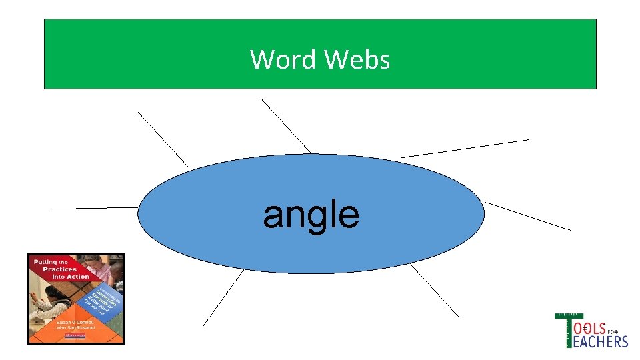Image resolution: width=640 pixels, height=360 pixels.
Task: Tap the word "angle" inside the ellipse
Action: [x=311, y=215]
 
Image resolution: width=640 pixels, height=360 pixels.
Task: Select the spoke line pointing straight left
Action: [x=93, y=208]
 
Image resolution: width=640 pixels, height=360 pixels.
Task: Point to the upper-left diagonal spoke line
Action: [x=163, y=139]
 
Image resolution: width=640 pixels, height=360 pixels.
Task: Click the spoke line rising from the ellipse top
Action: [x=285, y=125]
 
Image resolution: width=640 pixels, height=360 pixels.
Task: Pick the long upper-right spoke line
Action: [x=465, y=148]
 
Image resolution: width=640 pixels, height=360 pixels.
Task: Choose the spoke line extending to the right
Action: [x=528, y=216]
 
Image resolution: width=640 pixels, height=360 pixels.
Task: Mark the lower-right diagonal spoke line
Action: [x=435, y=290]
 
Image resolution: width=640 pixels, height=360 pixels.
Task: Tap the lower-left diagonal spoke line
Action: [x=223, y=297]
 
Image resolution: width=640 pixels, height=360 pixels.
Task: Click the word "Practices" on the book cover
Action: [x=58, y=269]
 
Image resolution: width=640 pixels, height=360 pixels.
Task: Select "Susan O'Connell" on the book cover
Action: [x=75, y=322]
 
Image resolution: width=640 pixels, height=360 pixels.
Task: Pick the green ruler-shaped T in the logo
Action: [x=568, y=330]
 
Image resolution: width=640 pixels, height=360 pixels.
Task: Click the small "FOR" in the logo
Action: [x=614, y=331]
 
